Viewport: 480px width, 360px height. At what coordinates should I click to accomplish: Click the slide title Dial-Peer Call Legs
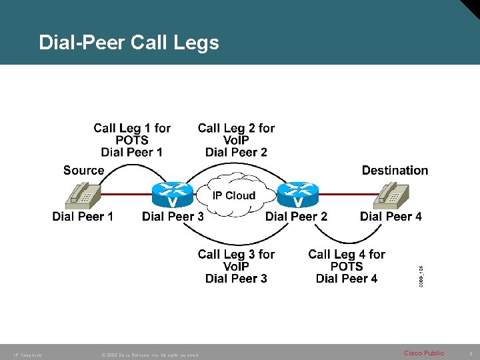pyautogui.click(x=129, y=43)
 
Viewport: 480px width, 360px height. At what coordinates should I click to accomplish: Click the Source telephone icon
pyautogui.click(x=85, y=195)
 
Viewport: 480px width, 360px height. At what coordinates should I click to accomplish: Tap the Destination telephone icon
pyautogui.click(x=394, y=195)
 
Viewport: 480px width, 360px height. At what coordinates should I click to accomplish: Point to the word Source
pyautogui.click(x=83, y=171)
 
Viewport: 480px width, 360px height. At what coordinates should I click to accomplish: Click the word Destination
pyautogui.click(x=395, y=171)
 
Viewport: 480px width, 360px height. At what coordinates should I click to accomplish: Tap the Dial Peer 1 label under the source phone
pyautogui.click(x=83, y=216)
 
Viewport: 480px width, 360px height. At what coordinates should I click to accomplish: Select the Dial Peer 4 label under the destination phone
pyautogui.click(x=391, y=216)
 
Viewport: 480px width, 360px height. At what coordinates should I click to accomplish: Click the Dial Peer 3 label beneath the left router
pyautogui.click(x=173, y=216)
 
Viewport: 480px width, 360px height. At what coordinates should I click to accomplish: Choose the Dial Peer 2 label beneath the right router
pyautogui.click(x=296, y=216)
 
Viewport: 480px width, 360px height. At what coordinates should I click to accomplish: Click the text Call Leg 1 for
pyautogui.click(x=132, y=128)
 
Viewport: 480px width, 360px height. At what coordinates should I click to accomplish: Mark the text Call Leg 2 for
pyautogui.click(x=236, y=128)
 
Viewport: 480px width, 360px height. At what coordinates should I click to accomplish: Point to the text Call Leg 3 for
pyautogui.click(x=236, y=254)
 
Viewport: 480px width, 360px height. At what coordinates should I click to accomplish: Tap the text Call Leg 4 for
pyautogui.click(x=347, y=254)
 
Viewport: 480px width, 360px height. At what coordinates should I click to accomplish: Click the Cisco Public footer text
pyautogui.click(x=424, y=353)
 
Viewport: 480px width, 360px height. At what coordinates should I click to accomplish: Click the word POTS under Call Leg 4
pyautogui.click(x=347, y=267)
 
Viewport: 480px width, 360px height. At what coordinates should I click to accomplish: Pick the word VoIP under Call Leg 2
pyautogui.click(x=236, y=140)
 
